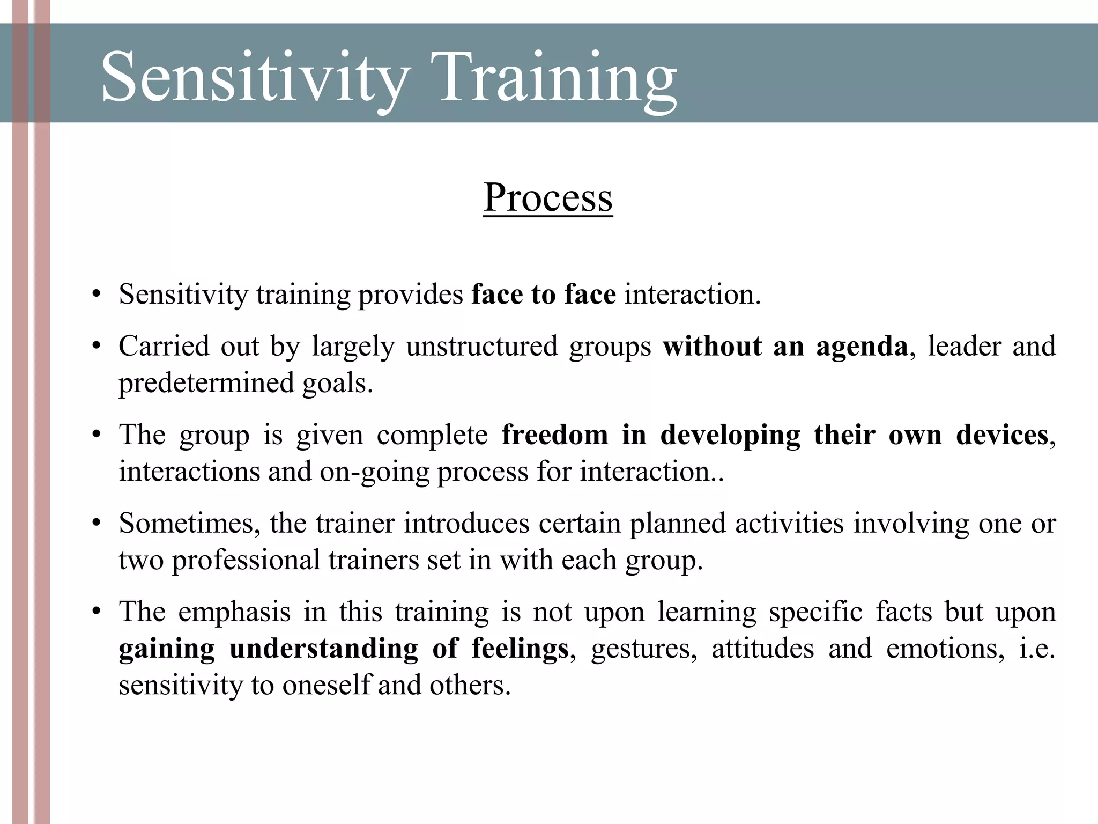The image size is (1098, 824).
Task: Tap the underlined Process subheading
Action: tap(547, 197)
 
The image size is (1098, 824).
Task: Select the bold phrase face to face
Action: tap(544, 295)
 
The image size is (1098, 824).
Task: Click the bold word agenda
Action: tap(862, 346)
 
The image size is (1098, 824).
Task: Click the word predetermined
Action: tap(206, 383)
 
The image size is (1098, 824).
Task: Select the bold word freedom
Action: tap(554, 435)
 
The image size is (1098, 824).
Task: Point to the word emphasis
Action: tap(234, 612)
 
